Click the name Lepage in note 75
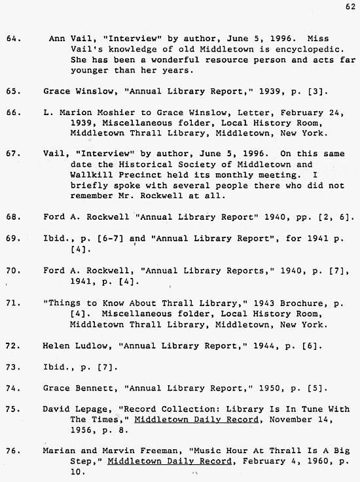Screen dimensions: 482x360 click(92, 409)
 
